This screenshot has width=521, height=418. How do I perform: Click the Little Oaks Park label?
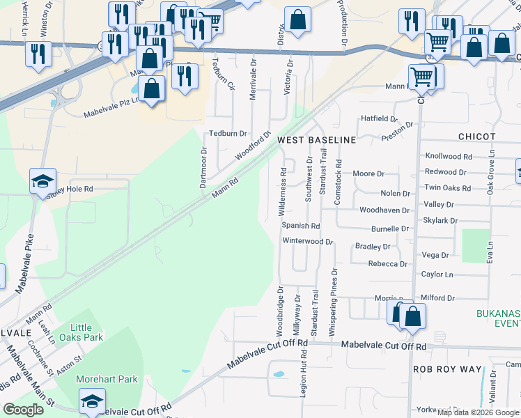[86, 332]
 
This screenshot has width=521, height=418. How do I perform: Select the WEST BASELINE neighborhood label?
[316, 140]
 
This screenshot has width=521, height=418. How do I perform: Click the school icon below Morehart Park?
[91, 401]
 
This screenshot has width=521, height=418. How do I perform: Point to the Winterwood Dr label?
[308, 241]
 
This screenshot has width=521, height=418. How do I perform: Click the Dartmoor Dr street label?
[203, 167]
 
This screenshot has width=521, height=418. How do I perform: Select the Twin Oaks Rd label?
[448, 188]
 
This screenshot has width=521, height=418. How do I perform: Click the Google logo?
[24, 410]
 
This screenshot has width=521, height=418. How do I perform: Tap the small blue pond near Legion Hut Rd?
[279, 374]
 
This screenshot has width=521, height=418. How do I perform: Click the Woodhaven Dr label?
[384, 210]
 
